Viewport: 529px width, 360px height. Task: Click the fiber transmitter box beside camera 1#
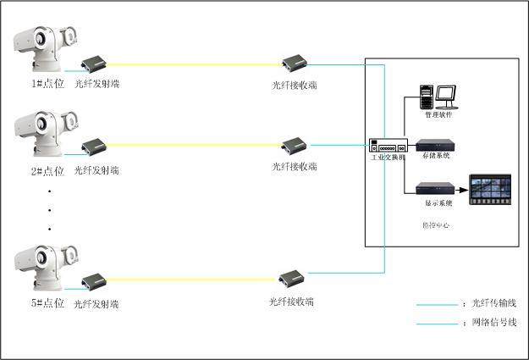[x=94, y=63]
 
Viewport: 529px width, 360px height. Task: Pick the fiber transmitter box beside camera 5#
[x=94, y=281]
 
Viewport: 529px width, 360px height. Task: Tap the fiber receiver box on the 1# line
[x=293, y=62]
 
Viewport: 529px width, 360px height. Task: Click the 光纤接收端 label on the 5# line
[x=292, y=302]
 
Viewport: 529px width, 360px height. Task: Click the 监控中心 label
[x=436, y=226]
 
